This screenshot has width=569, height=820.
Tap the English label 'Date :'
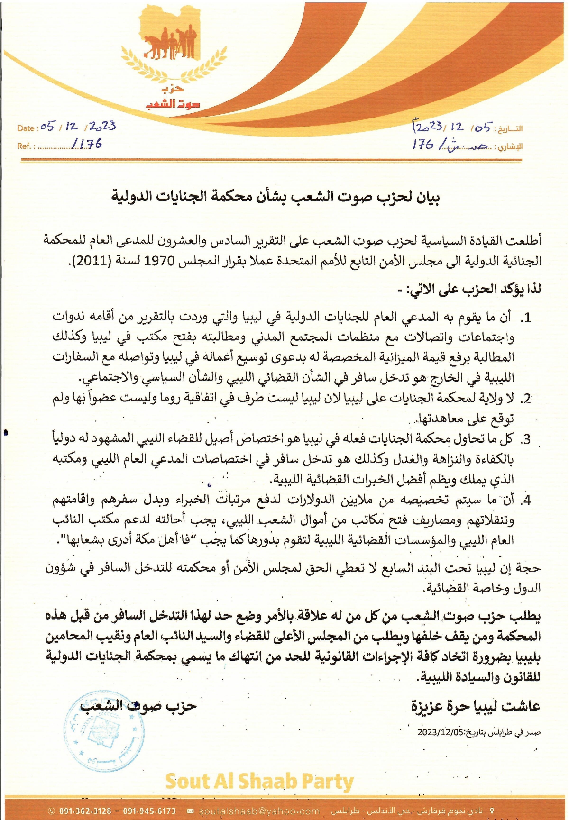(x=28, y=128)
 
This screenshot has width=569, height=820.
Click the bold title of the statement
(x=275, y=197)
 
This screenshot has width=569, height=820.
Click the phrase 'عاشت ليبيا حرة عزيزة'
(x=476, y=706)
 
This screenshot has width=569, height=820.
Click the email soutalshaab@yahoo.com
(x=259, y=811)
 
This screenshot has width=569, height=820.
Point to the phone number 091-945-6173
(x=149, y=811)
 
